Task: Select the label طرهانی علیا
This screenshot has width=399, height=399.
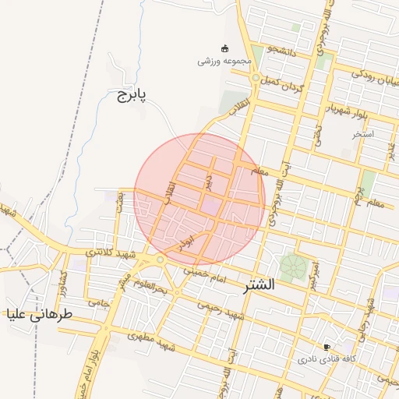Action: (39, 315)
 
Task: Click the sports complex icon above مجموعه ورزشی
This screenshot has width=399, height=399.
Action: (225, 48)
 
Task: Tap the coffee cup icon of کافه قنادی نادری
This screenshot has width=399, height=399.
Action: (327, 347)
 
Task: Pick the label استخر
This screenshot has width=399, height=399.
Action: (363, 134)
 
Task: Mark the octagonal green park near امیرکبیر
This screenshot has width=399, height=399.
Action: (293, 268)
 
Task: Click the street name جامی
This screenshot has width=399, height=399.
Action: (98, 302)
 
